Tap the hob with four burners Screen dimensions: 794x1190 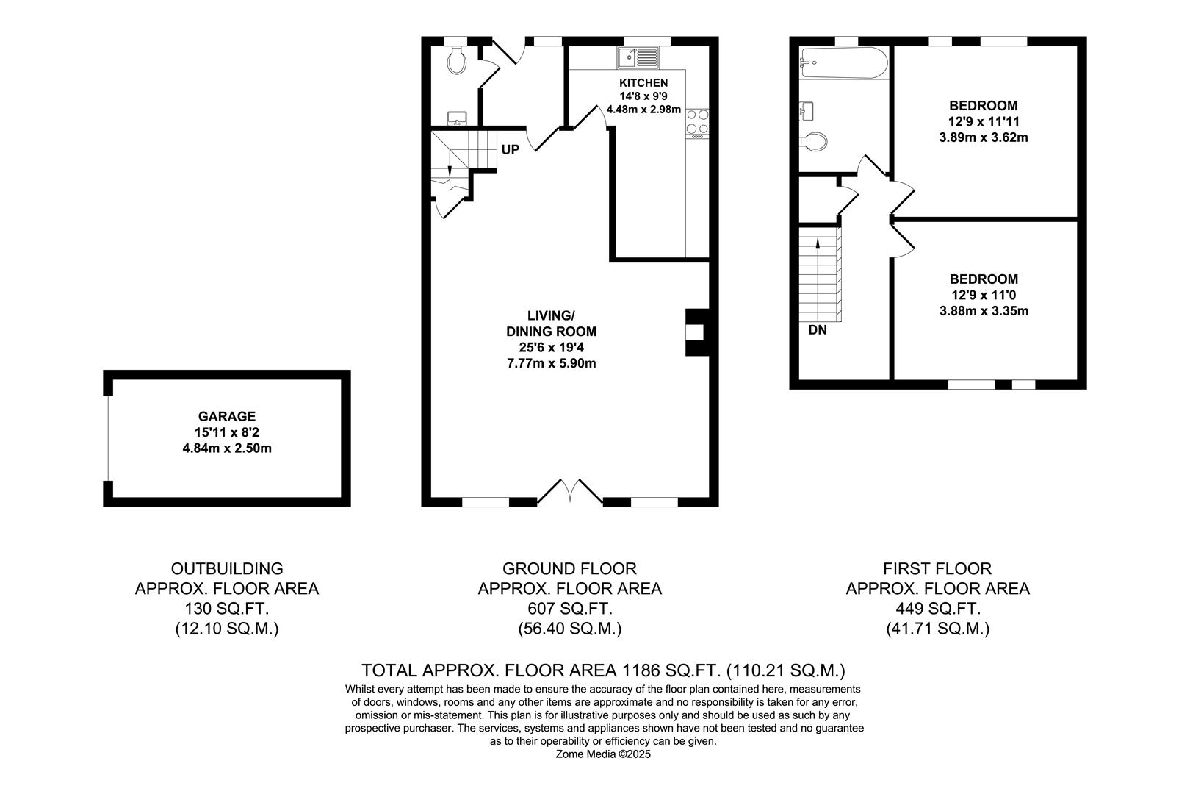[x=697, y=124]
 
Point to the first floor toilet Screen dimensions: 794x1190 [x=814, y=141]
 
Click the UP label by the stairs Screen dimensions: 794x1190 [x=510, y=150]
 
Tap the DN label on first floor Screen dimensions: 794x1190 [x=817, y=330]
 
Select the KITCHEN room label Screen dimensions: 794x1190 [x=643, y=83]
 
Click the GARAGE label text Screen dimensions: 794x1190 [x=226, y=416]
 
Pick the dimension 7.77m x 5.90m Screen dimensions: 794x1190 [x=551, y=363]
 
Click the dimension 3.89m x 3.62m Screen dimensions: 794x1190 [x=983, y=137]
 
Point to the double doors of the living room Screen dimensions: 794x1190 [x=571, y=492]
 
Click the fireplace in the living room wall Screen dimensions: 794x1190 [x=695, y=332]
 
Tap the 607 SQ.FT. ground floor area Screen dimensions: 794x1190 [x=569, y=609]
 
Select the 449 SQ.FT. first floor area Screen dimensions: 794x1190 [x=937, y=609]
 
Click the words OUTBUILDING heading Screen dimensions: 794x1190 [x=227, y=568]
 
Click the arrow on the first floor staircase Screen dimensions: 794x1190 [x=818, y=243]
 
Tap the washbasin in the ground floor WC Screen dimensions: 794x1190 [x=457, y=118]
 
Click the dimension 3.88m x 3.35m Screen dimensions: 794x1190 [x=983, y=311]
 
